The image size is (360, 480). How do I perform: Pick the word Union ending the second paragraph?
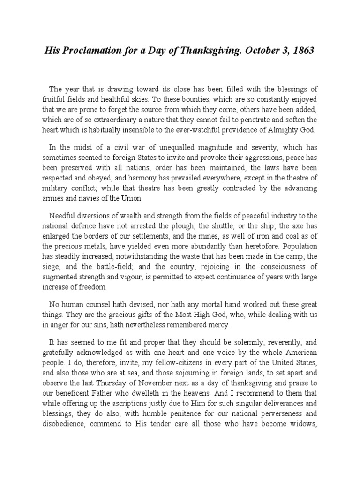point(148,198)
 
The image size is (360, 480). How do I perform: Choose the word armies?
point(54,198)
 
